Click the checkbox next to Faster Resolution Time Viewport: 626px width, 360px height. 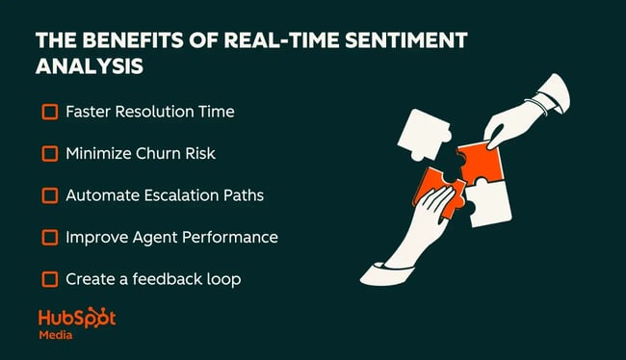pos(50,112)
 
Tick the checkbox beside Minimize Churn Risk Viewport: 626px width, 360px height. pos(50,153)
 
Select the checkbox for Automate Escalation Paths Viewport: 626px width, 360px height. pos(50,195)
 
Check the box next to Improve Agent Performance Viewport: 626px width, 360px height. pos(50,237)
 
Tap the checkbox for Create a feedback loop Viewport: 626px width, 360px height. pos(50,279)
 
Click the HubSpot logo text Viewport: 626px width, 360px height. pos(77,319)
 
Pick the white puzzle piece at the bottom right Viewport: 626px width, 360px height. pos(496,204)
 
